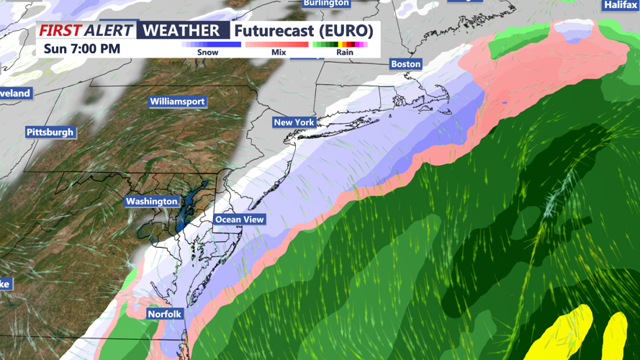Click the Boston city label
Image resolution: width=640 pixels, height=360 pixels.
point(405,64)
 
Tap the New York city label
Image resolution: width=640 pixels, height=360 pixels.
point(294,122)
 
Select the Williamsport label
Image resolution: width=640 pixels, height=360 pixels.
point(177,102)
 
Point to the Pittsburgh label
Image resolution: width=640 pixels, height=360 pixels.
point(50,132)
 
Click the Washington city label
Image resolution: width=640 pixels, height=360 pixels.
point(151,202)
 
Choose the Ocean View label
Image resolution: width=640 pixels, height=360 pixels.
point(240,220)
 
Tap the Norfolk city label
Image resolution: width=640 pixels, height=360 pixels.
point(164,314)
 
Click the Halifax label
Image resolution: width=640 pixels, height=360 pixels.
point(620,5)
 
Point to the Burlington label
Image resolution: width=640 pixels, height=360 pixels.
point(326,4)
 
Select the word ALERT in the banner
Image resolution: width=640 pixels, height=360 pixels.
point(108,30)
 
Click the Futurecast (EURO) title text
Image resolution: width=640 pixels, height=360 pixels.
point(303,31)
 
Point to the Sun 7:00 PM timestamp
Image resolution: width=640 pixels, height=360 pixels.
point(82,49)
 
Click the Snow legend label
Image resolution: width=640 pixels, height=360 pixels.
point(207,53)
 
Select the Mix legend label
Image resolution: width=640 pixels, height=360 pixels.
point(279,53)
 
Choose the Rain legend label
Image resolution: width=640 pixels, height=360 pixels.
point(345,53)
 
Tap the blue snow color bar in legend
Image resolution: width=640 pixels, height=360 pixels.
point(211,45)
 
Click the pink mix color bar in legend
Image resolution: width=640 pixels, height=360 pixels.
point(277,45)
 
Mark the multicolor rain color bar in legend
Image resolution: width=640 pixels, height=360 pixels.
point(340,45)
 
